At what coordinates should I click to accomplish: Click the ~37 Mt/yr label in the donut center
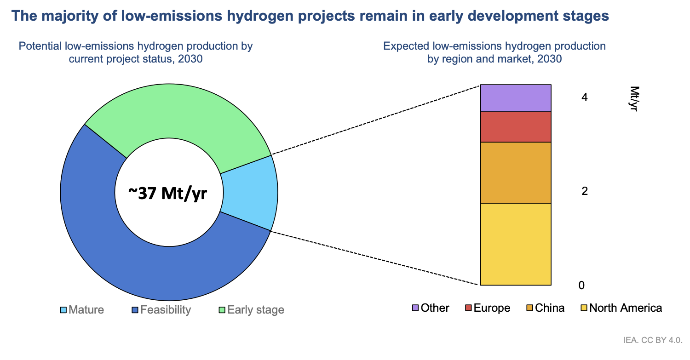tap(168, 194)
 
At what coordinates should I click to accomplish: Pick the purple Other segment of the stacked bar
tap(516, 98)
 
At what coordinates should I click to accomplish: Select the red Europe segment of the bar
tap(516, 127)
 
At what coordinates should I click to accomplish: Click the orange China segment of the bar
tap(516, 172)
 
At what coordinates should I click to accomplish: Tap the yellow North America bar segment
tap(516, 244)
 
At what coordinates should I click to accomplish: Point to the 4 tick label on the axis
tap(584, 97)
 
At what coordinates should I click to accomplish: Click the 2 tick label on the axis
tap(584, 191)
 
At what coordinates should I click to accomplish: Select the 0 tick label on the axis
tap(581, 286)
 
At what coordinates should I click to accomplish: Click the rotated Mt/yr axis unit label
tap(634, 99)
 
